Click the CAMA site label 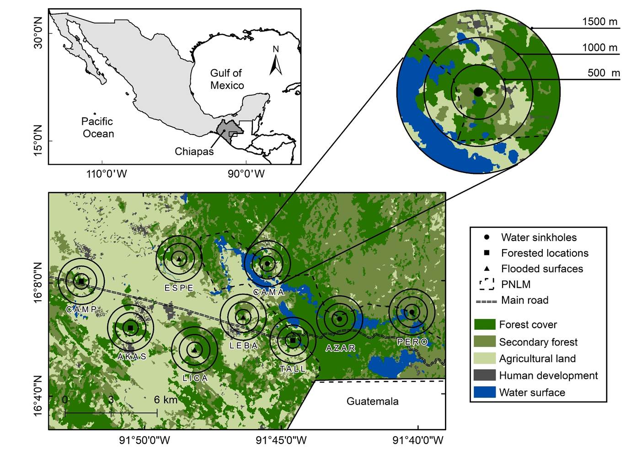pyautogui.click(x=268, y=292)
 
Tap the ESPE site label pyautogui.click(x=179, y=288)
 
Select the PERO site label pyautogui.click(x=412, y=342)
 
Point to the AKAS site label pyautogui.click(x=132, y=357)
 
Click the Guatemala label pyautogui.click(x=372, y=401)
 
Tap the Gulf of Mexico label pyautogui.click(x=227, y=79)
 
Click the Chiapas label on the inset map pyautogui.click(x=194, y=151)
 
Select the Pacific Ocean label pyautogui.click(x=98, y=128)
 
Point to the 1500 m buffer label pyautogui.click(x=599, y=22)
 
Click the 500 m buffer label pyautogui.click(x=604, y=73)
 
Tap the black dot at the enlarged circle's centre pyautogui.click(x=478, y=92)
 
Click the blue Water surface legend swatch pyautogui.click(x=485, y=392)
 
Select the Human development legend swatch pyautogui.click(x=485, y=375)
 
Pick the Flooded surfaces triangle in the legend pyautogui.click(x=487, y=269)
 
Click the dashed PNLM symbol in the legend pyautogui.click(x=487, y=284)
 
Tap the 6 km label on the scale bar pyautogui.click(x=166, y=400)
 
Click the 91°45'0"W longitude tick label pyautogui.click(x=281, y=441)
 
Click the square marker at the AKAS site pyautogui.click(x=130, y=328)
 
